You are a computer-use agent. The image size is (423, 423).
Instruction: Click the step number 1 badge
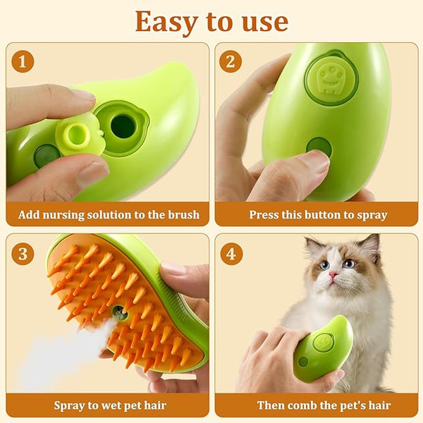(x=23, y=61)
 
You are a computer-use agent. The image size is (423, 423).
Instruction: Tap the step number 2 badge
(x=231, y=61)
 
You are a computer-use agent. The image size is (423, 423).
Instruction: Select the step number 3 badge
(x=23, y=254)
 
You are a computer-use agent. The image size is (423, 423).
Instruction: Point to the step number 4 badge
(x=231, y=254)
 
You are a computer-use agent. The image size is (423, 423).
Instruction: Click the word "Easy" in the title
(x=166, y=23)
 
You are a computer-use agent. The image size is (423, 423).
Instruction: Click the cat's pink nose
(x=333, y=275)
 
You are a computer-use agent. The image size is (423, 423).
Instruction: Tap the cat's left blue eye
(x=325, y=266)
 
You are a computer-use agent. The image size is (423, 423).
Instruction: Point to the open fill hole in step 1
(x=123, y=126)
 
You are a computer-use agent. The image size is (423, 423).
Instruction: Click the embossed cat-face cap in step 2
(x=331, y=78)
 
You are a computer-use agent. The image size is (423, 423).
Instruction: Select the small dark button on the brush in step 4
(x=303, y=362)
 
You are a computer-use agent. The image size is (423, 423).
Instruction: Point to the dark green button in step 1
(x=47, y=156)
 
